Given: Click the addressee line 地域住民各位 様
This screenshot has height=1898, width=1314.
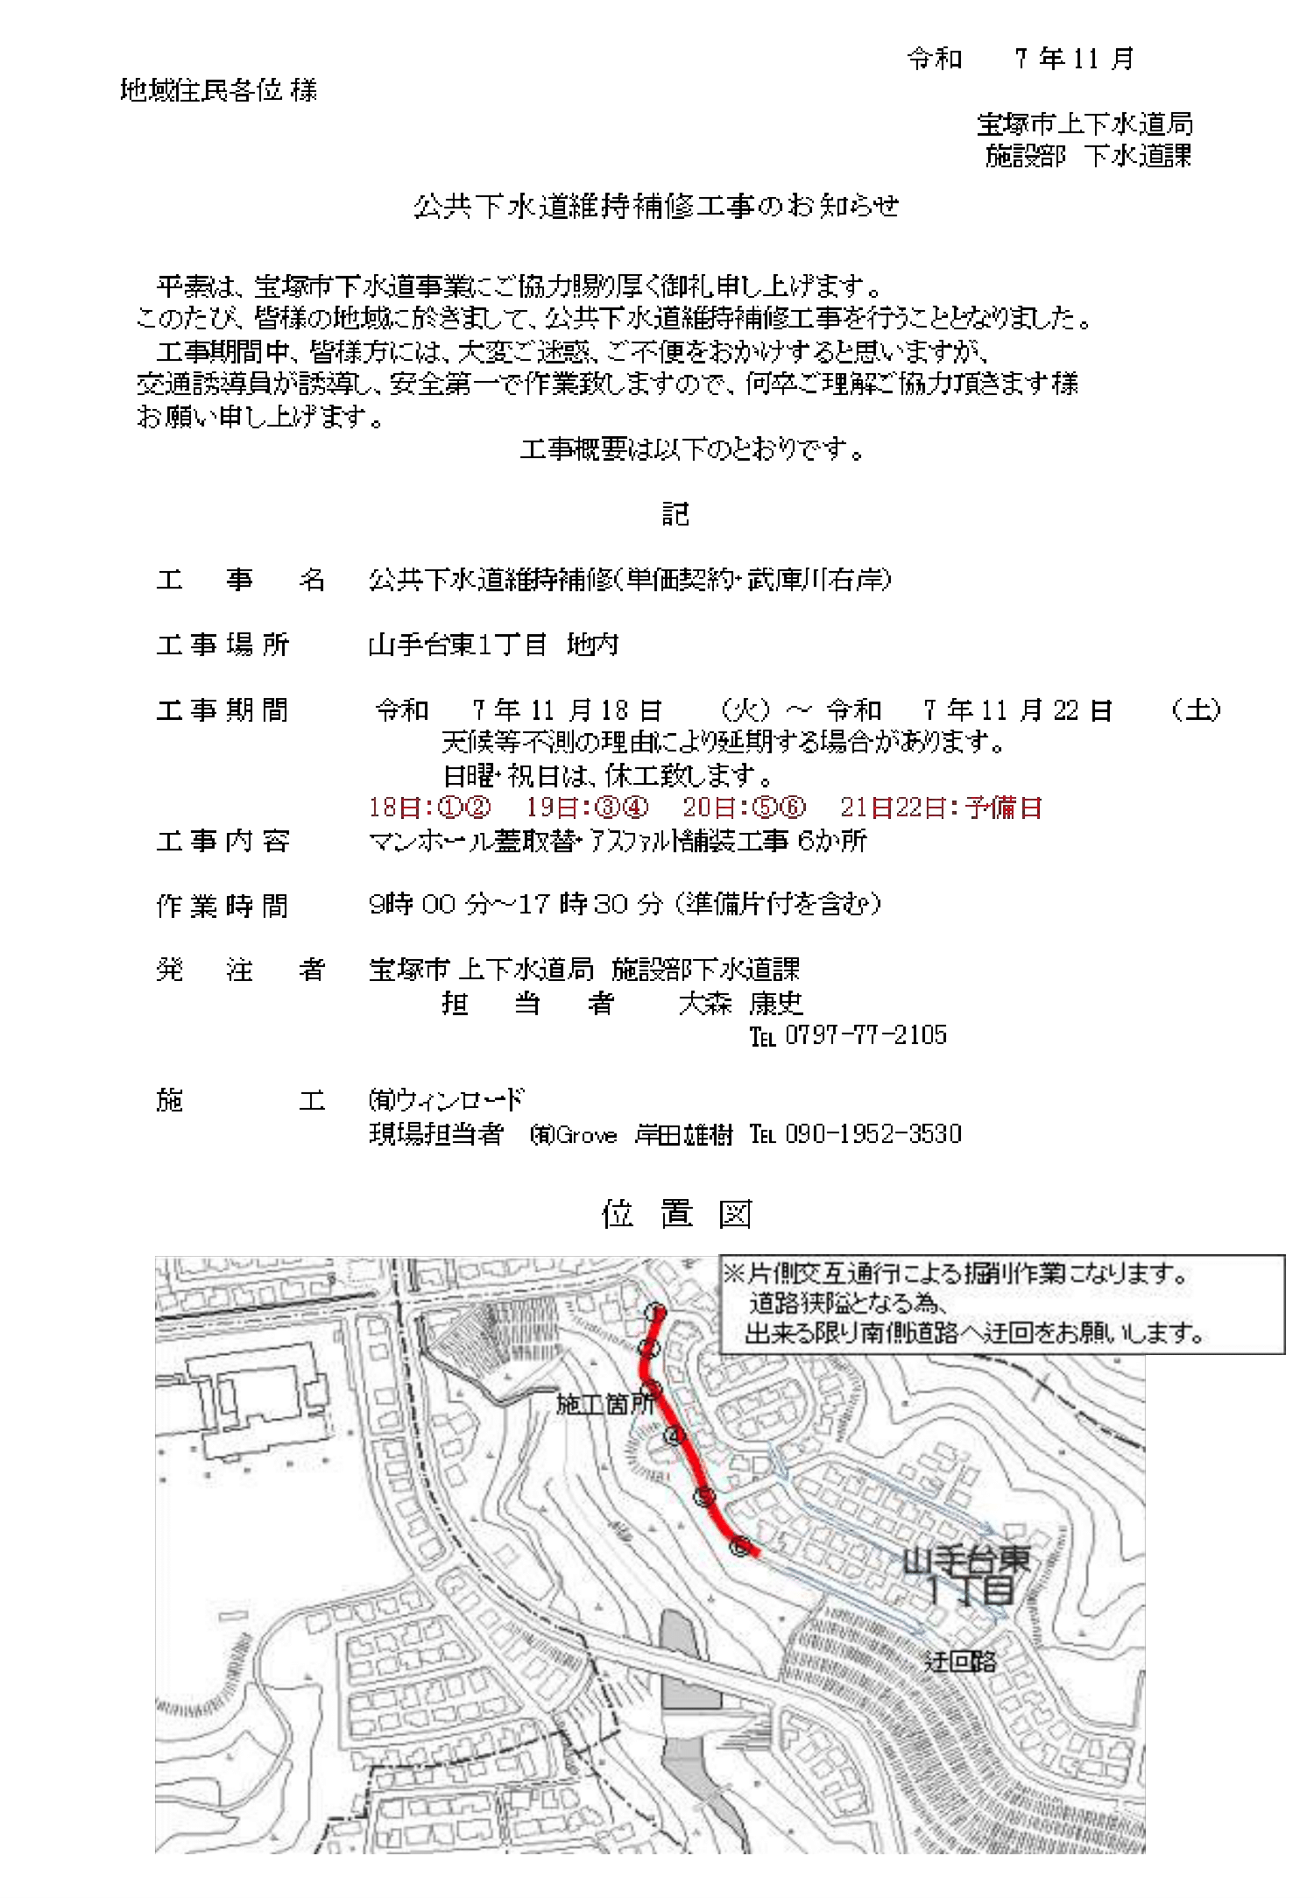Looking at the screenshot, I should point(218,90).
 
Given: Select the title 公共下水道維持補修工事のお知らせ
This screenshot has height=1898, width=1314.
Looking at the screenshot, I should point(656,207).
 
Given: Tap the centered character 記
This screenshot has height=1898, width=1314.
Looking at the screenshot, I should point(675,514).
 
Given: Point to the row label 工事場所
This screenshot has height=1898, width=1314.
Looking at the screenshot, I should point(223,646).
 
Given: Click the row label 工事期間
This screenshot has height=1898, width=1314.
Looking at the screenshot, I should point(223,710).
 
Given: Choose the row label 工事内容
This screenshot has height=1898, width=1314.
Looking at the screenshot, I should point(223,842).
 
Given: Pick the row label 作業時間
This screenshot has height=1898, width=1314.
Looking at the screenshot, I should point(223,906).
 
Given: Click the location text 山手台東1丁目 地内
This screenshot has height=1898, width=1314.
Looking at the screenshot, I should point(493,646).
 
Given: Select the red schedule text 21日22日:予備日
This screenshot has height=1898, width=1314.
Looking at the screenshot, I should point(941,808).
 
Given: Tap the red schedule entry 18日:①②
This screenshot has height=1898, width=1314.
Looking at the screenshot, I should point(429,808).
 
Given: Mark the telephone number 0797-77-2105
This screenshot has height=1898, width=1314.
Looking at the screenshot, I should point(865,1035).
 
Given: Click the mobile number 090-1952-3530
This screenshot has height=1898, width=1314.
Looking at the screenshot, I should point(872,1134).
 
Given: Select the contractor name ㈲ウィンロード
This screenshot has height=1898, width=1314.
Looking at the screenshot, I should point(446,1100).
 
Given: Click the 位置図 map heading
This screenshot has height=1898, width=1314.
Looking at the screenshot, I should point(676,1215).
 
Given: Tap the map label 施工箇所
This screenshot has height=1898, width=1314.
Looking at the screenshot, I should point(605,1405).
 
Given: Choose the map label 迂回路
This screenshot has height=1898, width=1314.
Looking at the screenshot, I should point(960,1662).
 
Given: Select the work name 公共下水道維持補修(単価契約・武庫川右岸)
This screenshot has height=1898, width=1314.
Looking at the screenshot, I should point(629,580).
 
